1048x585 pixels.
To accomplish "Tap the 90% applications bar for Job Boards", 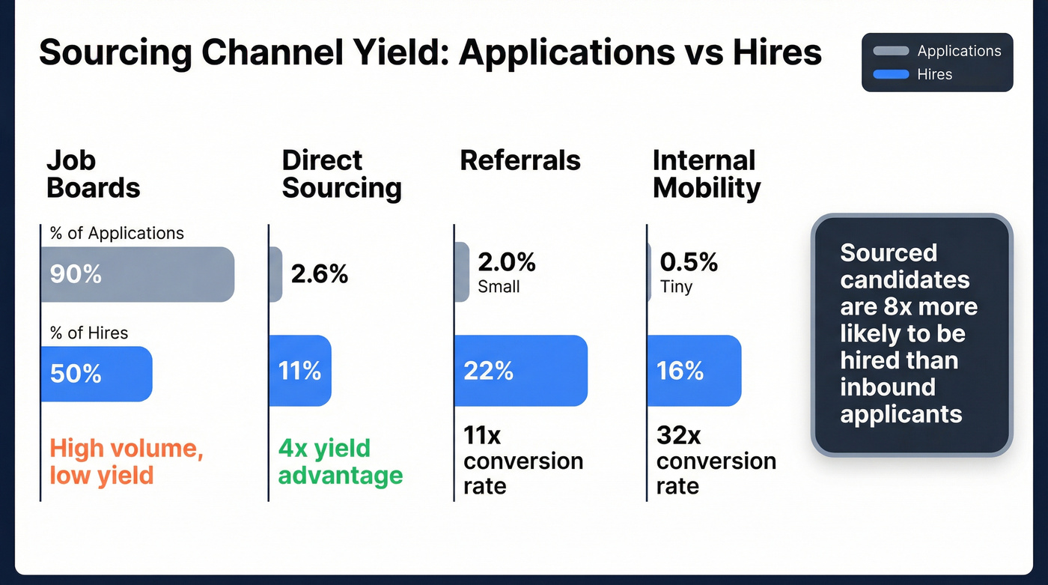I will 137,274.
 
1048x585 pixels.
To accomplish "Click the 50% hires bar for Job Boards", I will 96,373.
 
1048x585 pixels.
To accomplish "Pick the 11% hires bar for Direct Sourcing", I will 299,370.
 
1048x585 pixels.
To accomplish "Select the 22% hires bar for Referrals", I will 520,370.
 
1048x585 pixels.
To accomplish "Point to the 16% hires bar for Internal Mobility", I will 694,370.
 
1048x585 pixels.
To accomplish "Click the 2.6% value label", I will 320,274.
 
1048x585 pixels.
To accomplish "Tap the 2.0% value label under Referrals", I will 507,262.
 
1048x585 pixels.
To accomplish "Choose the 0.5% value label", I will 689,262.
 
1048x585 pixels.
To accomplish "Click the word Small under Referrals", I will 499,287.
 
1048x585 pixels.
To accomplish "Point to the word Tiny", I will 676,287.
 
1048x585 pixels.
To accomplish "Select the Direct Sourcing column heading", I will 341,174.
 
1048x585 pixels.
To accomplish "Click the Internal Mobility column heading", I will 706,174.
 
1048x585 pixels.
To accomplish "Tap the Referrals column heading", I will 520,160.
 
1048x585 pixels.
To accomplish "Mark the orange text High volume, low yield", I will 127,461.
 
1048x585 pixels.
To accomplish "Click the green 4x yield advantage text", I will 341,461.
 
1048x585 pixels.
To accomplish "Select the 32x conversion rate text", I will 716,461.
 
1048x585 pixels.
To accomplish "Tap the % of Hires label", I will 89,333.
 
